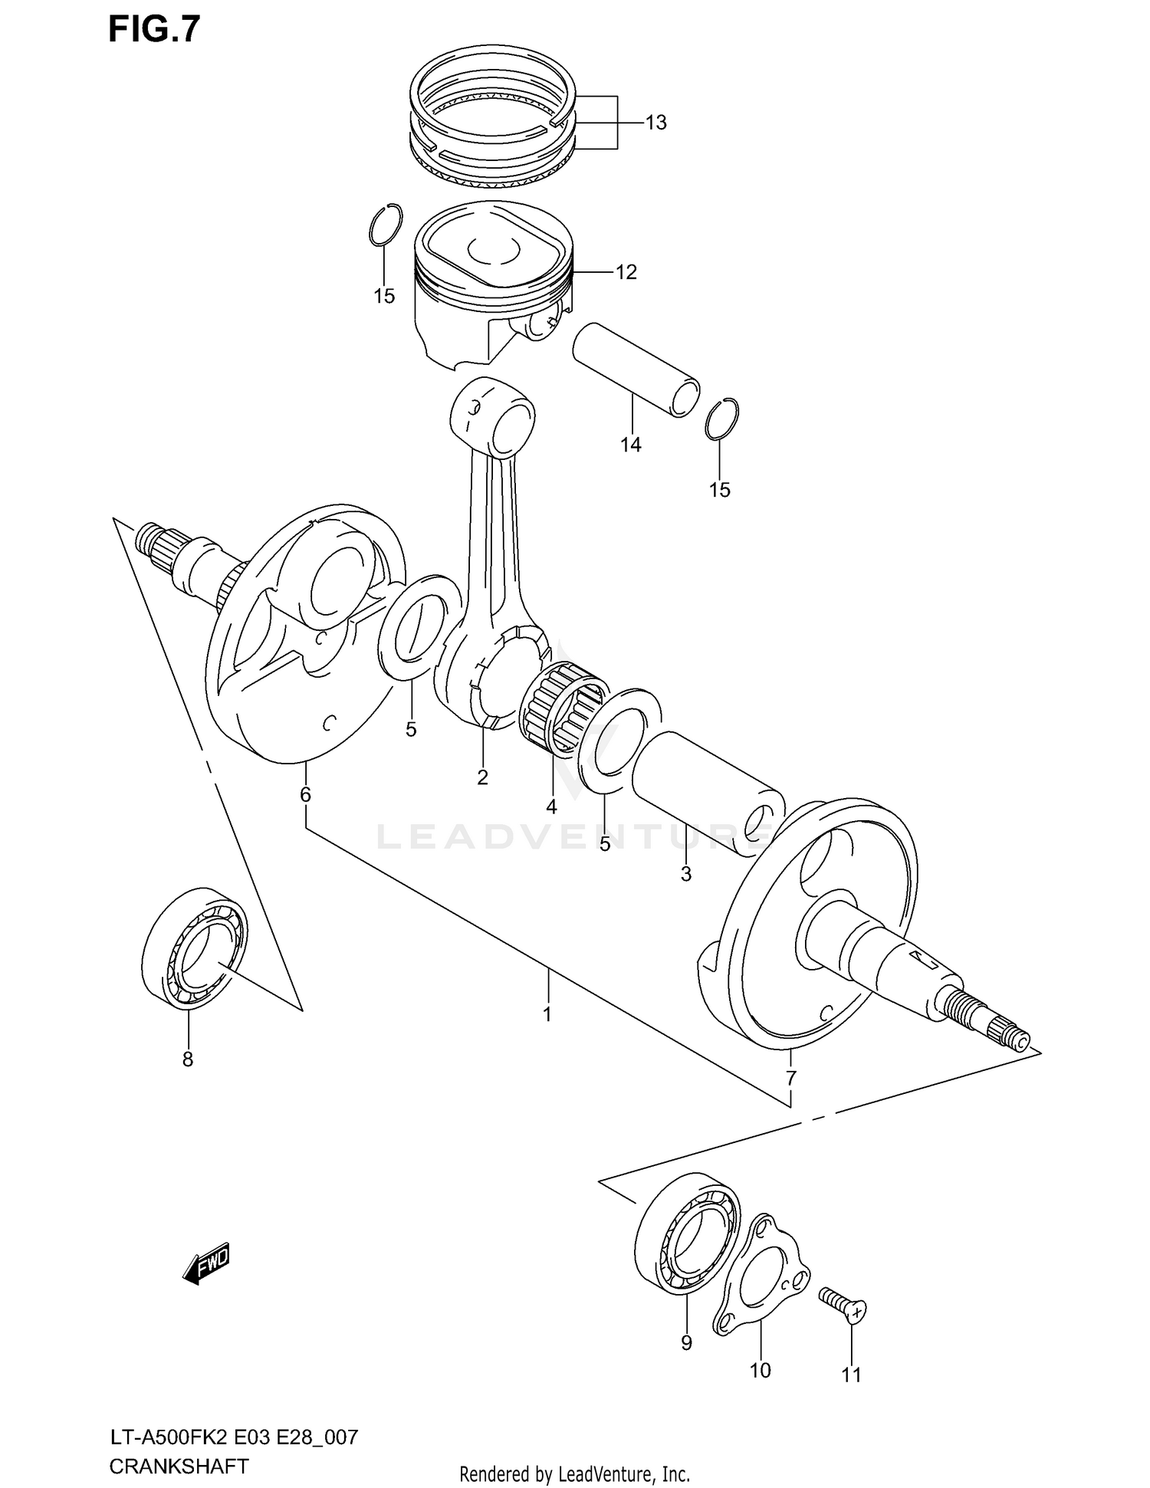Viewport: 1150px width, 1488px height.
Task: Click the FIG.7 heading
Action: pyautogui.click(x=154, y=29)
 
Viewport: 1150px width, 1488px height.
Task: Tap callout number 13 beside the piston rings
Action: pyautogui.click(x=655, y=123)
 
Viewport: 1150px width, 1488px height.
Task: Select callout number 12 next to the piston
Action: pyautogui.click(x=626, y=272)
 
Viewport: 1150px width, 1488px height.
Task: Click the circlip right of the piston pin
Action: pyautogui.click(x=721, y=420)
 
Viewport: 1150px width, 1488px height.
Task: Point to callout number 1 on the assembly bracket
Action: pyautogui.click(x=547, y=1014)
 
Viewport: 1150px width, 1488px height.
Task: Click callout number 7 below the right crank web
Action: pyautogui.click(x=790, y=1079)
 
